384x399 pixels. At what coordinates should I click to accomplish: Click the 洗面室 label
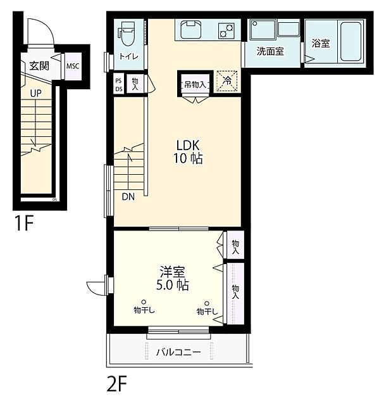(x=269, y=51)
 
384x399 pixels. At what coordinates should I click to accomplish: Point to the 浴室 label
(x=320, y=44)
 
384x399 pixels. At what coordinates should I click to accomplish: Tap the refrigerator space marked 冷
(x=225, y=81)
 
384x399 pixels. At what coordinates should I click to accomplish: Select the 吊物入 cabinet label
(x=194, y=82)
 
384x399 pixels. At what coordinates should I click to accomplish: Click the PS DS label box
(x=119, y=84)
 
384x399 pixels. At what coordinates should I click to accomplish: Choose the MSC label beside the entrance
(x=73, y=66)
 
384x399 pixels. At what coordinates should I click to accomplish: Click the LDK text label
(x=188, y=144)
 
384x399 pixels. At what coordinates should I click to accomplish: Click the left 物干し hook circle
(x=144, y=302)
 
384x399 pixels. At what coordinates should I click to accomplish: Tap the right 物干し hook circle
(x=206, y=303)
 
